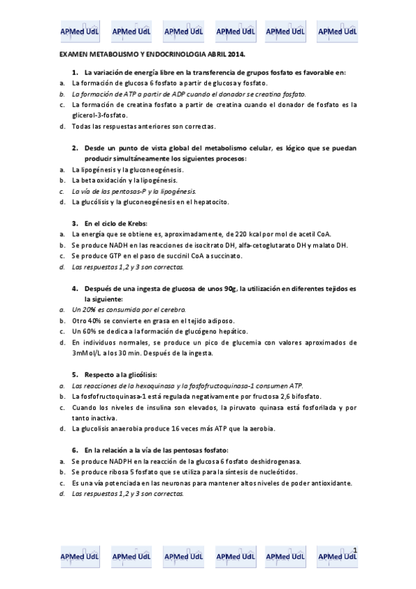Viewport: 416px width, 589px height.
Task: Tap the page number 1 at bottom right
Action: click(x=355, y=550)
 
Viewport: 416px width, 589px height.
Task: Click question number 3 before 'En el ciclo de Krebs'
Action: click(x=74, y=223)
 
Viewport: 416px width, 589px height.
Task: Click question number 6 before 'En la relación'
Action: click(x=74, y=450)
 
